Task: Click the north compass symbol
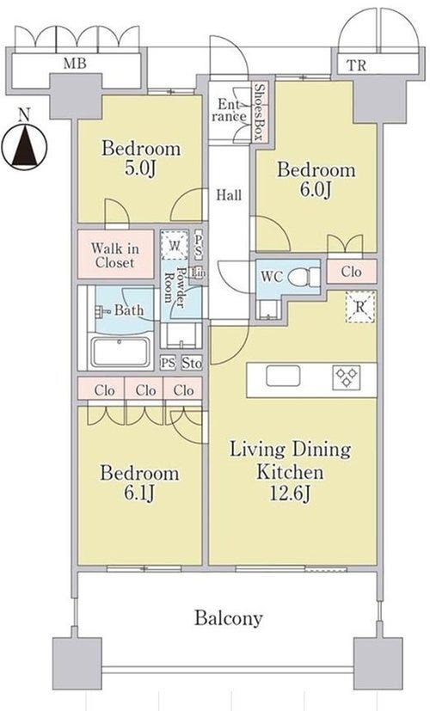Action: pyautogui.click(x=24, y=146)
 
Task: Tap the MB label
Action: pyautogui.click(x=75, y=64)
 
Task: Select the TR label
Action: pyautogui.click(x=357, y=65)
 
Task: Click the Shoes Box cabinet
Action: pyautogui.click(x=260, y=111)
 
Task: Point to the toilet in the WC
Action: pyautogui.click(x=304, y=276)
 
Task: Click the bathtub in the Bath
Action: pyautogui.click(x=120, y=352)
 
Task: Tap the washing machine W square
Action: pyautogui.click(x=175, y=245)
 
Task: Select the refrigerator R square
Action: pyautogui.click(x=360, y=307)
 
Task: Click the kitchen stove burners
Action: pyautogui.click(x=347, y=377)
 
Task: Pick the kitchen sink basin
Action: pyautogui.click(x=283, y=376)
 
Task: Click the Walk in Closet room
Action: pyautogui.click(x=115, y=254)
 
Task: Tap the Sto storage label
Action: pyautogui.click(x=192, y=363)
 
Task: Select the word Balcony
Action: pyautogui.click(x=229, y=618)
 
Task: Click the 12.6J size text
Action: pyautogui.click(x=291, y=493)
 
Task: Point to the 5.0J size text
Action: pyautogui.click(x=141, y=169)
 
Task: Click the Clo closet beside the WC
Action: pyautogui.click(x=352, y=272)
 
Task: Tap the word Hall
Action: pyautogui.click(x=229, y=195)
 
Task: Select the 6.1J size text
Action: pyautogui.click(x=139, y=493)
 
